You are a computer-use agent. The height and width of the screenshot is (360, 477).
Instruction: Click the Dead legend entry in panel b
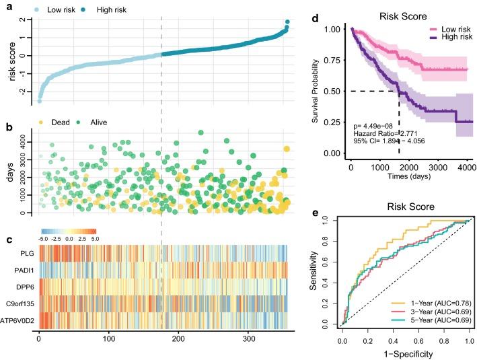(59, 122)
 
